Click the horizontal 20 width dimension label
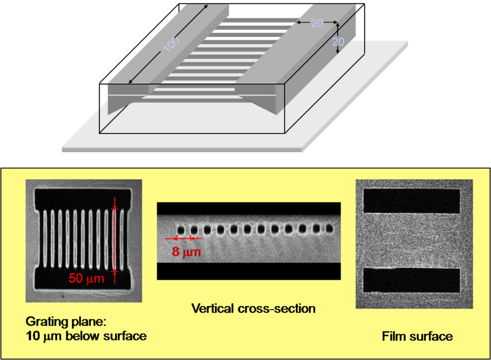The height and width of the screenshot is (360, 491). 317,23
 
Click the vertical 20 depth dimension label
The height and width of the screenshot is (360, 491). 338,42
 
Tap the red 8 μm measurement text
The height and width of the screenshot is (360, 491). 182,251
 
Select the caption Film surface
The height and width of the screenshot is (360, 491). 417,336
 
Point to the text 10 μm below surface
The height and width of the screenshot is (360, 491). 87,336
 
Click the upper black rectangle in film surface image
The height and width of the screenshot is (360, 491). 412,201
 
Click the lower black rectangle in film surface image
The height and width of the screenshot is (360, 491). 412,280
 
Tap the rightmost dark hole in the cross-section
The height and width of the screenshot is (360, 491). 331,229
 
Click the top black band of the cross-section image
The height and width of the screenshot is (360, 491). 249,209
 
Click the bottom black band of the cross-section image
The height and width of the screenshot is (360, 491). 249,271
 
